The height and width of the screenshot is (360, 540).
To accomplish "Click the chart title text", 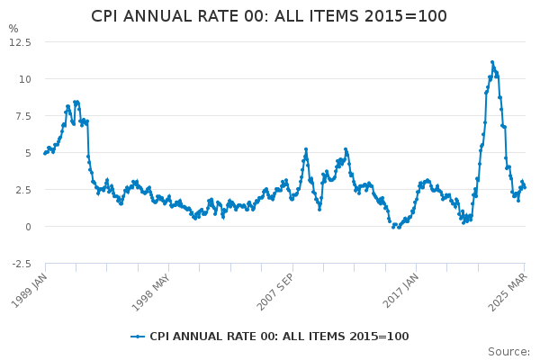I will tap(269, 16).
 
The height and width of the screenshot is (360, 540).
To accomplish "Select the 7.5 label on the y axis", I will tap(22, 115).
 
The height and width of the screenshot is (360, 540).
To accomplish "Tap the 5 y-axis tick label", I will tap(28, 152).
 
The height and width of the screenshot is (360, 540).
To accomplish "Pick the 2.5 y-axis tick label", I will tap(22, 189).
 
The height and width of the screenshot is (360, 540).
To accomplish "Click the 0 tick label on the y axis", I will tap(28, 226).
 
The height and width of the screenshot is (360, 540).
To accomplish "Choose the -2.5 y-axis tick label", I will tap(21, 263).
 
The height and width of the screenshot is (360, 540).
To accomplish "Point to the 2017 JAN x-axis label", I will tap(396, 290).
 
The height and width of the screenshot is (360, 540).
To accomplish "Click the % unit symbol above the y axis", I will tap(13, 29).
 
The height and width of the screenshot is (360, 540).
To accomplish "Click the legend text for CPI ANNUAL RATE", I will tap(279, 337).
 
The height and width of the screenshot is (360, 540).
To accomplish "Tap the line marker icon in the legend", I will tap(138, 337).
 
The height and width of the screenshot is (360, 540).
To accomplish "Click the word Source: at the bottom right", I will tap(508, 352).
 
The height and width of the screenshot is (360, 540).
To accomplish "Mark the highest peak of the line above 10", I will tap(492, 62).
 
